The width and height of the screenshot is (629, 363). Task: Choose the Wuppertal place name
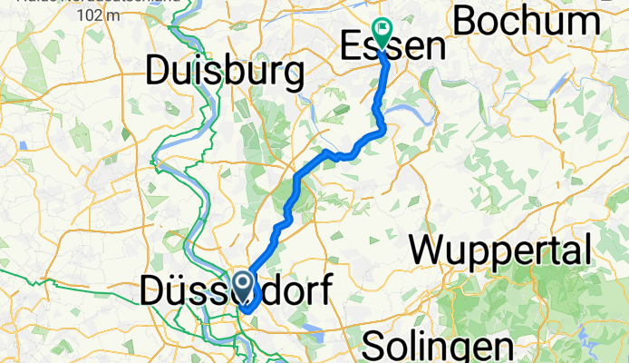pyautogui.click(x=504, y=248)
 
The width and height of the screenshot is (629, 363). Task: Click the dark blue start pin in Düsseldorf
pyautogui.click(x=245, y=283)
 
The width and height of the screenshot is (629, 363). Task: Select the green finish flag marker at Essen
pyautogui.click(x=382, y=34)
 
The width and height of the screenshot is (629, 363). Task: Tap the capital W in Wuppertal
pyautogui.click(x=431, y=248)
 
